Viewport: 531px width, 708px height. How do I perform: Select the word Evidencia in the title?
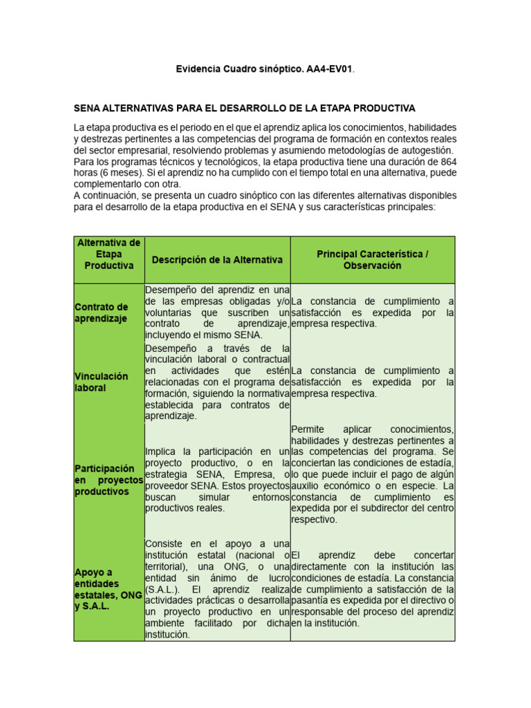pos(198,69)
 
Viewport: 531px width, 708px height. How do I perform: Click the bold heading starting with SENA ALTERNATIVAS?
pos(244,109)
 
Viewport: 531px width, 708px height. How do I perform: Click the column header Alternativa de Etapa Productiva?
pos(109,254)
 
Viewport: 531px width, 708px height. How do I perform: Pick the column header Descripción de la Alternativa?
pos(217,260)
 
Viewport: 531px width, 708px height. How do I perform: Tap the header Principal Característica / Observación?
pos(372,260)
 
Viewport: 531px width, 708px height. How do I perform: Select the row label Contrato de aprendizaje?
pos(102,313)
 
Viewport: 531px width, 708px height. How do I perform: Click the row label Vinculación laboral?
pos(101,382)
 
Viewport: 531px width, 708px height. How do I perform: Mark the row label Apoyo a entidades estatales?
pos(108,589)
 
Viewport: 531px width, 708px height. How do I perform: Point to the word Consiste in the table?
pos(166,543)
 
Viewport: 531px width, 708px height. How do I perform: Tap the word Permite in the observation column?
pos(308,429)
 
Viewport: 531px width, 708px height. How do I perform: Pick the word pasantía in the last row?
pos(309,600)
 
